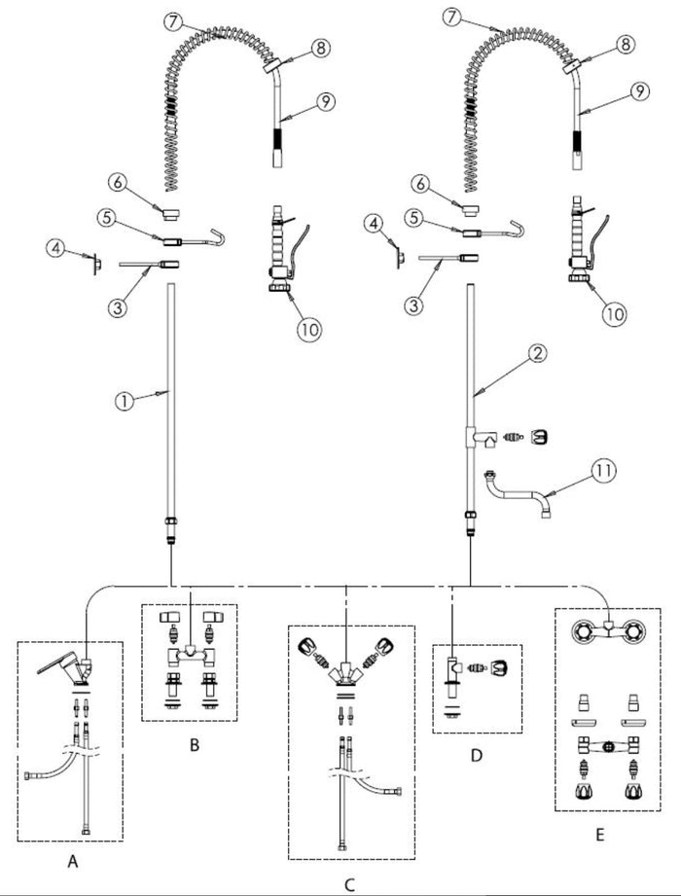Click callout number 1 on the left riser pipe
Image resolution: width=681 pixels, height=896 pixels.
(x=124, y=401)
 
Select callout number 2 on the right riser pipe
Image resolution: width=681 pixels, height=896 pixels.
(x=536, y=354)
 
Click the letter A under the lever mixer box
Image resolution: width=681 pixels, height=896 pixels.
(x=73, y=861)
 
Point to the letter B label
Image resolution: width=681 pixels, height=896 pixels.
(x=195, y=745)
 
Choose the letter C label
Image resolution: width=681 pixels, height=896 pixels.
(x=349, y=885)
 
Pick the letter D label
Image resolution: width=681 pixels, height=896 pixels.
(x=477, y=756)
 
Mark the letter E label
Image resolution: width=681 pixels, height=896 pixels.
(x=599, y=835)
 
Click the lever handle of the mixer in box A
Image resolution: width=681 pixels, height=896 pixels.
(x=57, y=662)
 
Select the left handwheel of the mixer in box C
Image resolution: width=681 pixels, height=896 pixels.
(x=306, y=646)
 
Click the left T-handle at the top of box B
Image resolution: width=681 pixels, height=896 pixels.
(x=169, y=617)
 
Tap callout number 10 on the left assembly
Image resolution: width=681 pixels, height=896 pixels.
(x=308, y=330)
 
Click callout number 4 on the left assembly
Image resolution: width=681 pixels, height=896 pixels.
(x=56, y=249)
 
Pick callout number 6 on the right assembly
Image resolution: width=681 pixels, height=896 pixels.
(x=420, y=184)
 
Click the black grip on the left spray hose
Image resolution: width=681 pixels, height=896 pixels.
(x=277, y=139)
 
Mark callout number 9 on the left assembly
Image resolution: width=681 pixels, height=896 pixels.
(x=325, y=102)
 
